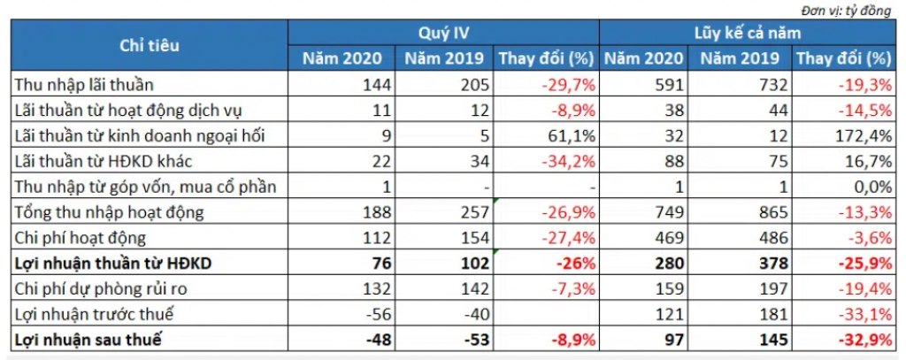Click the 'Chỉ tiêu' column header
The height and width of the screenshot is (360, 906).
[149, 46]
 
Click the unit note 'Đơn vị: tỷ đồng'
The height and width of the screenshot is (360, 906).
[847, 10]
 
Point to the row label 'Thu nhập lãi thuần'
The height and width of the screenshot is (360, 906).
[85, 85]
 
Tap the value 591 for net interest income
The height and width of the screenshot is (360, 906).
[670, 85]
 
